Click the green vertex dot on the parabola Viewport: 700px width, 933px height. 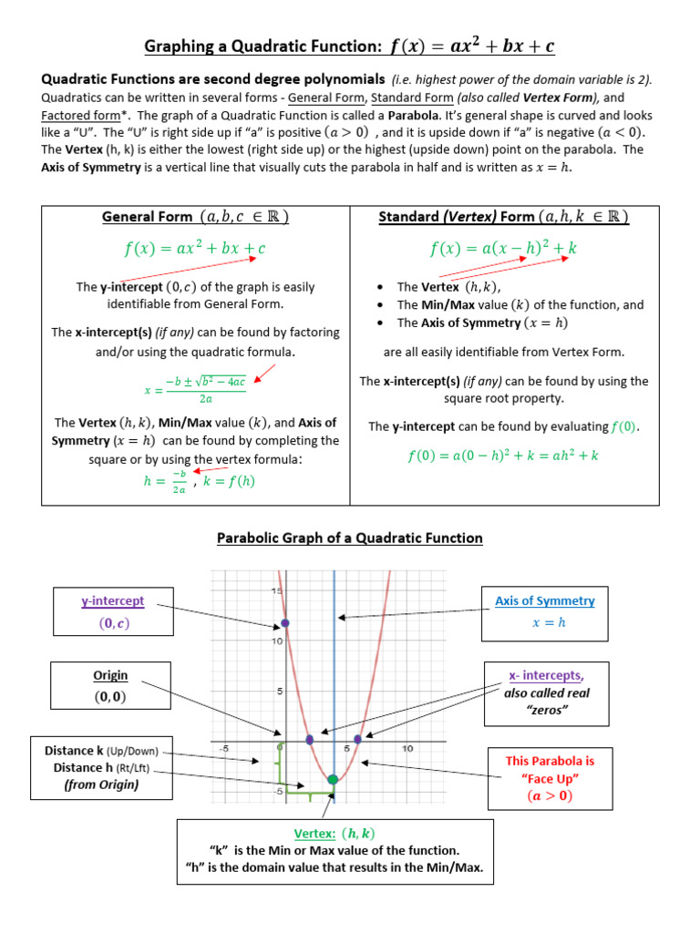332,779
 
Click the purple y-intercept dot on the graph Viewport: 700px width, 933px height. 285,623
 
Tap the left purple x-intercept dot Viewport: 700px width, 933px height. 310,739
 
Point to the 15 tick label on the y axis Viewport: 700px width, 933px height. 274,592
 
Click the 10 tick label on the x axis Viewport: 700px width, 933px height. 407,749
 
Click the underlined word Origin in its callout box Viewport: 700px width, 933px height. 109,675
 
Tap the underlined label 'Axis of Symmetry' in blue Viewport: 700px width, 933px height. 545,600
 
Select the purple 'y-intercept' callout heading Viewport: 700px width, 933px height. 113,600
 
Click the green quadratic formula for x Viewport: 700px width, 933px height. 195,390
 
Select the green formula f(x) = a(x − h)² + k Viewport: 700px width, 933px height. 504,248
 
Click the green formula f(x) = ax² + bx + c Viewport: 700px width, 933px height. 195,248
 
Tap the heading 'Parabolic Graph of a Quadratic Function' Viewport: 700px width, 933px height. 350,538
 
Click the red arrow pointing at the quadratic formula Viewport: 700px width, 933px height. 265,373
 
